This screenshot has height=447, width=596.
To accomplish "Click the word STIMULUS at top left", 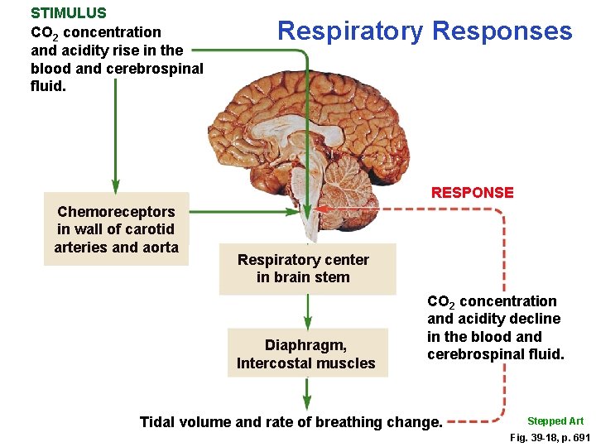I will [x=69, y=13].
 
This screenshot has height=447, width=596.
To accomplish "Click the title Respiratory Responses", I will [x=425, y=31].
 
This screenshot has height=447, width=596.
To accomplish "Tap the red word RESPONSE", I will [x=472, y=193].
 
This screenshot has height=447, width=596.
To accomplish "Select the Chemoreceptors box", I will [x=116, y=229].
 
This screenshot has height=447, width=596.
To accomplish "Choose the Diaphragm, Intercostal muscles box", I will [x=306, y=353].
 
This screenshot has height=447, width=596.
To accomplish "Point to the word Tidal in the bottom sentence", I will [x=158, y=422].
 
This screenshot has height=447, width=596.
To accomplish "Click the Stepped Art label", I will [x=555, y=421].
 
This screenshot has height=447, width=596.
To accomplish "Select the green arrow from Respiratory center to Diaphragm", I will [x=307, y=311].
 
